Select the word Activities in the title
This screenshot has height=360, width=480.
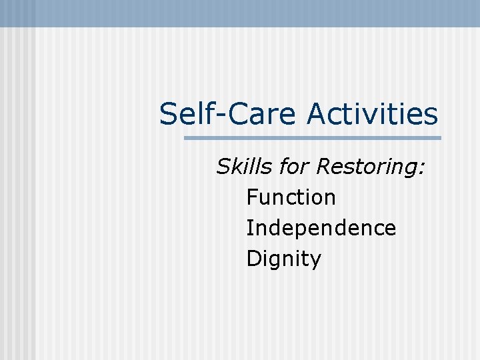point(373,114)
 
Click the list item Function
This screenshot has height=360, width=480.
point(291,197)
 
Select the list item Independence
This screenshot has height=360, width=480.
point(321,228)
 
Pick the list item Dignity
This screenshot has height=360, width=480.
point(283,259)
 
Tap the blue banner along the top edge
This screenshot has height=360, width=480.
point(240,13)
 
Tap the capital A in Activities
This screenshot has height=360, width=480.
point(317,114)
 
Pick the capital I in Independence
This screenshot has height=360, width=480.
point(249,228)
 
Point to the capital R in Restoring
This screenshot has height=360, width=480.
point(324,166)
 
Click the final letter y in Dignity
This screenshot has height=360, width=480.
point(315,261)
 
